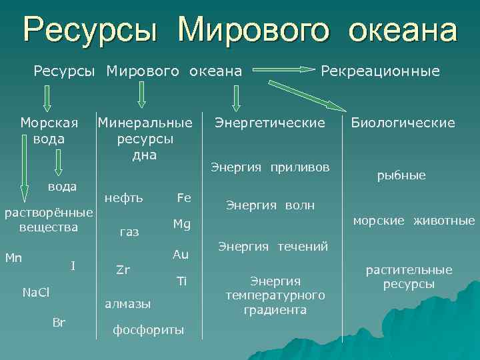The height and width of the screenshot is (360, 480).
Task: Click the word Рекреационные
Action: click(x=381, y=71)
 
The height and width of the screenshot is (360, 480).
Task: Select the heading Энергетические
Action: click(x=269, y=123)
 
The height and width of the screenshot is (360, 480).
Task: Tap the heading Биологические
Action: click(x=403, y=123)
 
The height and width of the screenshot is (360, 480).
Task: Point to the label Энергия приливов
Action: click(x=270, y=167)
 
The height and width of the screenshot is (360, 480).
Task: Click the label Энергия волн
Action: click(x=270, y=205)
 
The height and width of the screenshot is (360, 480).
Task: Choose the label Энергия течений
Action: click(x=273, y=247)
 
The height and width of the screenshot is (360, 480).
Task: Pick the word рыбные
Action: click(x=401, y=175)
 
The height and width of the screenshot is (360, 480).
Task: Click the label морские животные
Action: click(x=414, y=221)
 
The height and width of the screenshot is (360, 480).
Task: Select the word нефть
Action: click(x=123, y=198)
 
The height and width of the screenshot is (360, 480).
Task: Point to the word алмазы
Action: click(x=128, y=303)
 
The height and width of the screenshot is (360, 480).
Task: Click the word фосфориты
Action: click(x=148, y=330)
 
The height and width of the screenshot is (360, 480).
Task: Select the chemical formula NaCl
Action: click(x=37, y=292)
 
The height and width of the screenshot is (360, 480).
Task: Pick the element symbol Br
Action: click(x=59, y=323)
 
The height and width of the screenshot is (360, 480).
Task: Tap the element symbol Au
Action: click(x=181, y=254)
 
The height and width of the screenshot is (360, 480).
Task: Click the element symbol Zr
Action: click(x=123, y=270)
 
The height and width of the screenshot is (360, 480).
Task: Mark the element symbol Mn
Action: click(x=13, y=257)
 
